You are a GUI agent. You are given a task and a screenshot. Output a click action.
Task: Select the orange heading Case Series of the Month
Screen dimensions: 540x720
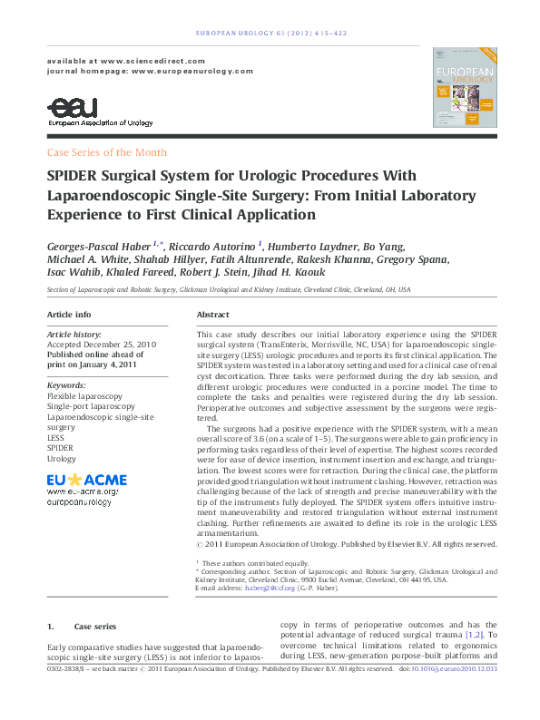pyautogui.click(x=106, y=152)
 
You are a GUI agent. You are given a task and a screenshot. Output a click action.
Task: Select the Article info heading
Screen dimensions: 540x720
pyautogui.click(x=69, y=314)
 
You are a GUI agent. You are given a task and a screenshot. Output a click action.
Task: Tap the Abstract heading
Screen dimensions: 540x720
pyautogui.click(x=212, y=314)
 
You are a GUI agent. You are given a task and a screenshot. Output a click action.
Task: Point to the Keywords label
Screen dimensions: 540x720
pyautogui.click(x=65, y=385)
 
